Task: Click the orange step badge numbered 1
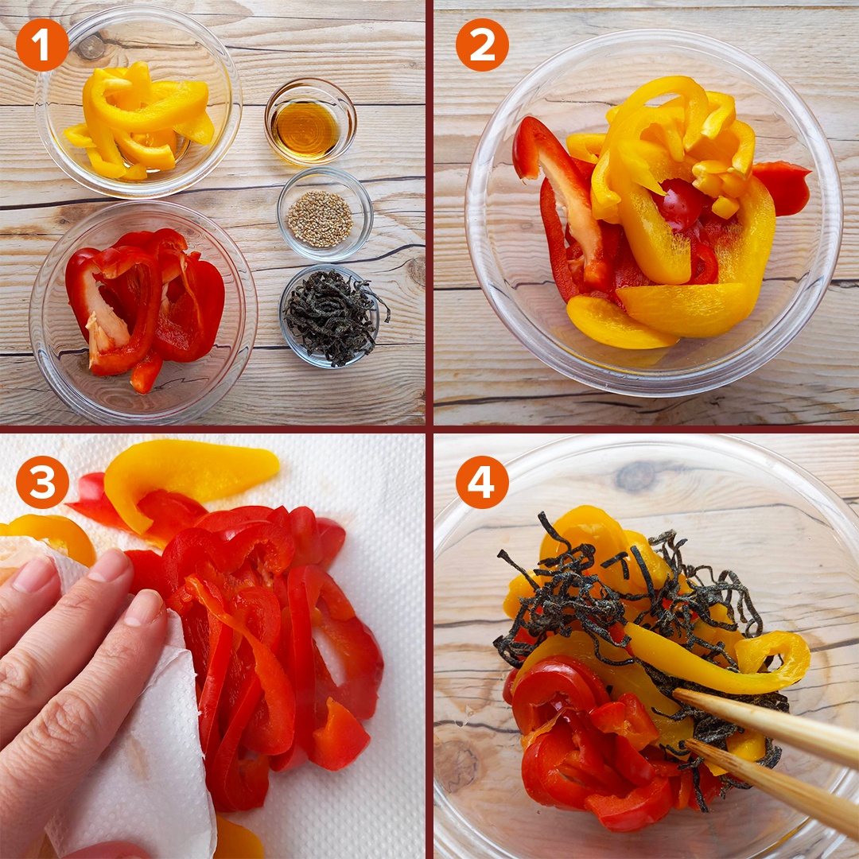click(x=42, y=45)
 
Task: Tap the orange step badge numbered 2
click(x=482, y=45)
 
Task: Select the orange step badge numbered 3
click(x=42, y=482)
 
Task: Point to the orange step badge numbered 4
click(x=482, y=482)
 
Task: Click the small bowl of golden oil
click(x=311, y=122)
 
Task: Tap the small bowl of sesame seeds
click(x=325, y=214)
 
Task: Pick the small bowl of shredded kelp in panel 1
click(x=332, y=316)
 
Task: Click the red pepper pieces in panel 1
click(x=145, y=307)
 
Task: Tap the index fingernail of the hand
click(x=144, y=608)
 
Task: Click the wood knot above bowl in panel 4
click(x=636, y=476)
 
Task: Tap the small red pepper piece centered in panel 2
click(x=679, y=204)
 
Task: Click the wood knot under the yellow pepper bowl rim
click(x=91, y=47)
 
